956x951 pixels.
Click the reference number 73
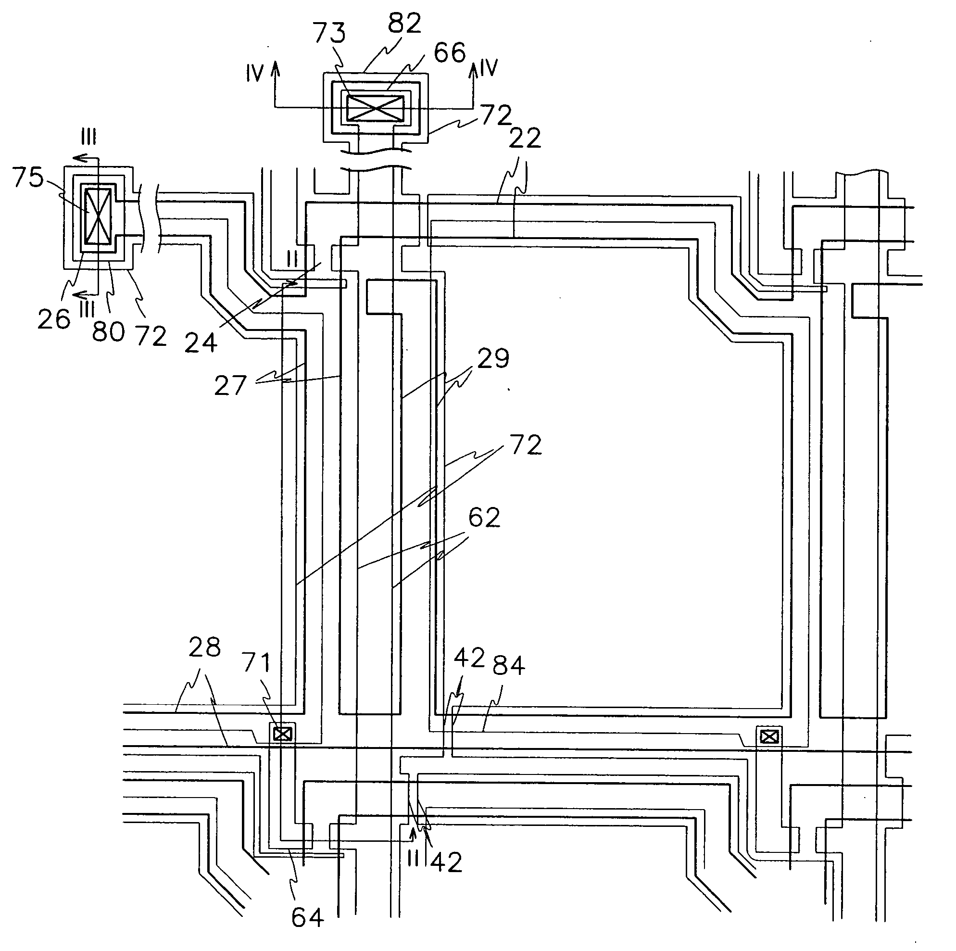(329, 33)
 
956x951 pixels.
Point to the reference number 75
(28, 177)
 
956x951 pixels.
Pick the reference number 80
(108, 331)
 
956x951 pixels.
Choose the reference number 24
(201, 342)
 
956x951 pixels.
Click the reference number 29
(493, 358)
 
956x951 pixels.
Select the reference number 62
(484, 517)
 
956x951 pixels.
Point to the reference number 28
(204, 647)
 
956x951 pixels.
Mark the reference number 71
(257, 663)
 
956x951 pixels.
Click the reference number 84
(508, 665)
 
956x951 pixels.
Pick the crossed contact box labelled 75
(98, 216)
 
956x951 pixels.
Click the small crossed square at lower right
(768, 737)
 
